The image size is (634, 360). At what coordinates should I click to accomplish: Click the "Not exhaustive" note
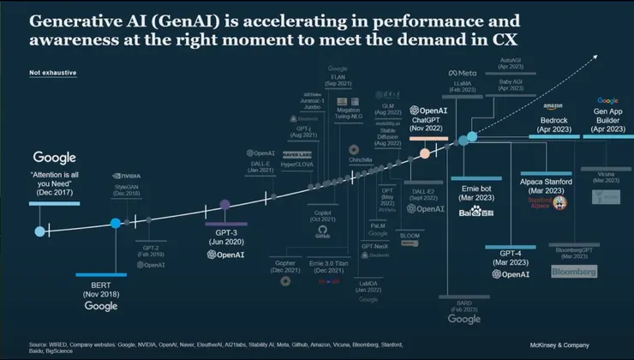(52, 73)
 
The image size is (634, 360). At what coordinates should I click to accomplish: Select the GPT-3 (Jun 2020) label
(226, 236)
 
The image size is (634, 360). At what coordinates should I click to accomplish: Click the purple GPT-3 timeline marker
(225, 205)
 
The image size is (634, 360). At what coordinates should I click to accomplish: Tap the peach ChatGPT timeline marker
(424, 153)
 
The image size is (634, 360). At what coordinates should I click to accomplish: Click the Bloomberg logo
(571, 272)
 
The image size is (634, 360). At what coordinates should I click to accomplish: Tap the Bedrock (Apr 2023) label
(558, 124)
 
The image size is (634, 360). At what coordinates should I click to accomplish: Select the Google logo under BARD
(464, 319)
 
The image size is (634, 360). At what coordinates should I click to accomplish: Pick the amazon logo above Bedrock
(558, 105)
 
